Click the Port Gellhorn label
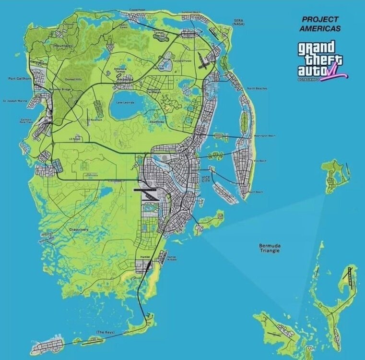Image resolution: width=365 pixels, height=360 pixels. [x=20, y=78]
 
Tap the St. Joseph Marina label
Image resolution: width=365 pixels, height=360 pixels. [x=15, y=101]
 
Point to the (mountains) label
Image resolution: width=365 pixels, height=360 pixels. [x=63, y=46]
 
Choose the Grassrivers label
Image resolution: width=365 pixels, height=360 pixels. [x=78, y=230]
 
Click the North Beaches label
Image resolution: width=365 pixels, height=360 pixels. [x=257, y=88]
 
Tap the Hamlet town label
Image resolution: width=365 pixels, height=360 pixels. [x=145, y=257]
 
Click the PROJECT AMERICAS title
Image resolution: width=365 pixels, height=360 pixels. [x=320, y=24]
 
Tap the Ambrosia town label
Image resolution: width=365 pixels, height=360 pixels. [x=124, y=80]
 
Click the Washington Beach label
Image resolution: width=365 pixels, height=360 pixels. [x=264, y=136]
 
